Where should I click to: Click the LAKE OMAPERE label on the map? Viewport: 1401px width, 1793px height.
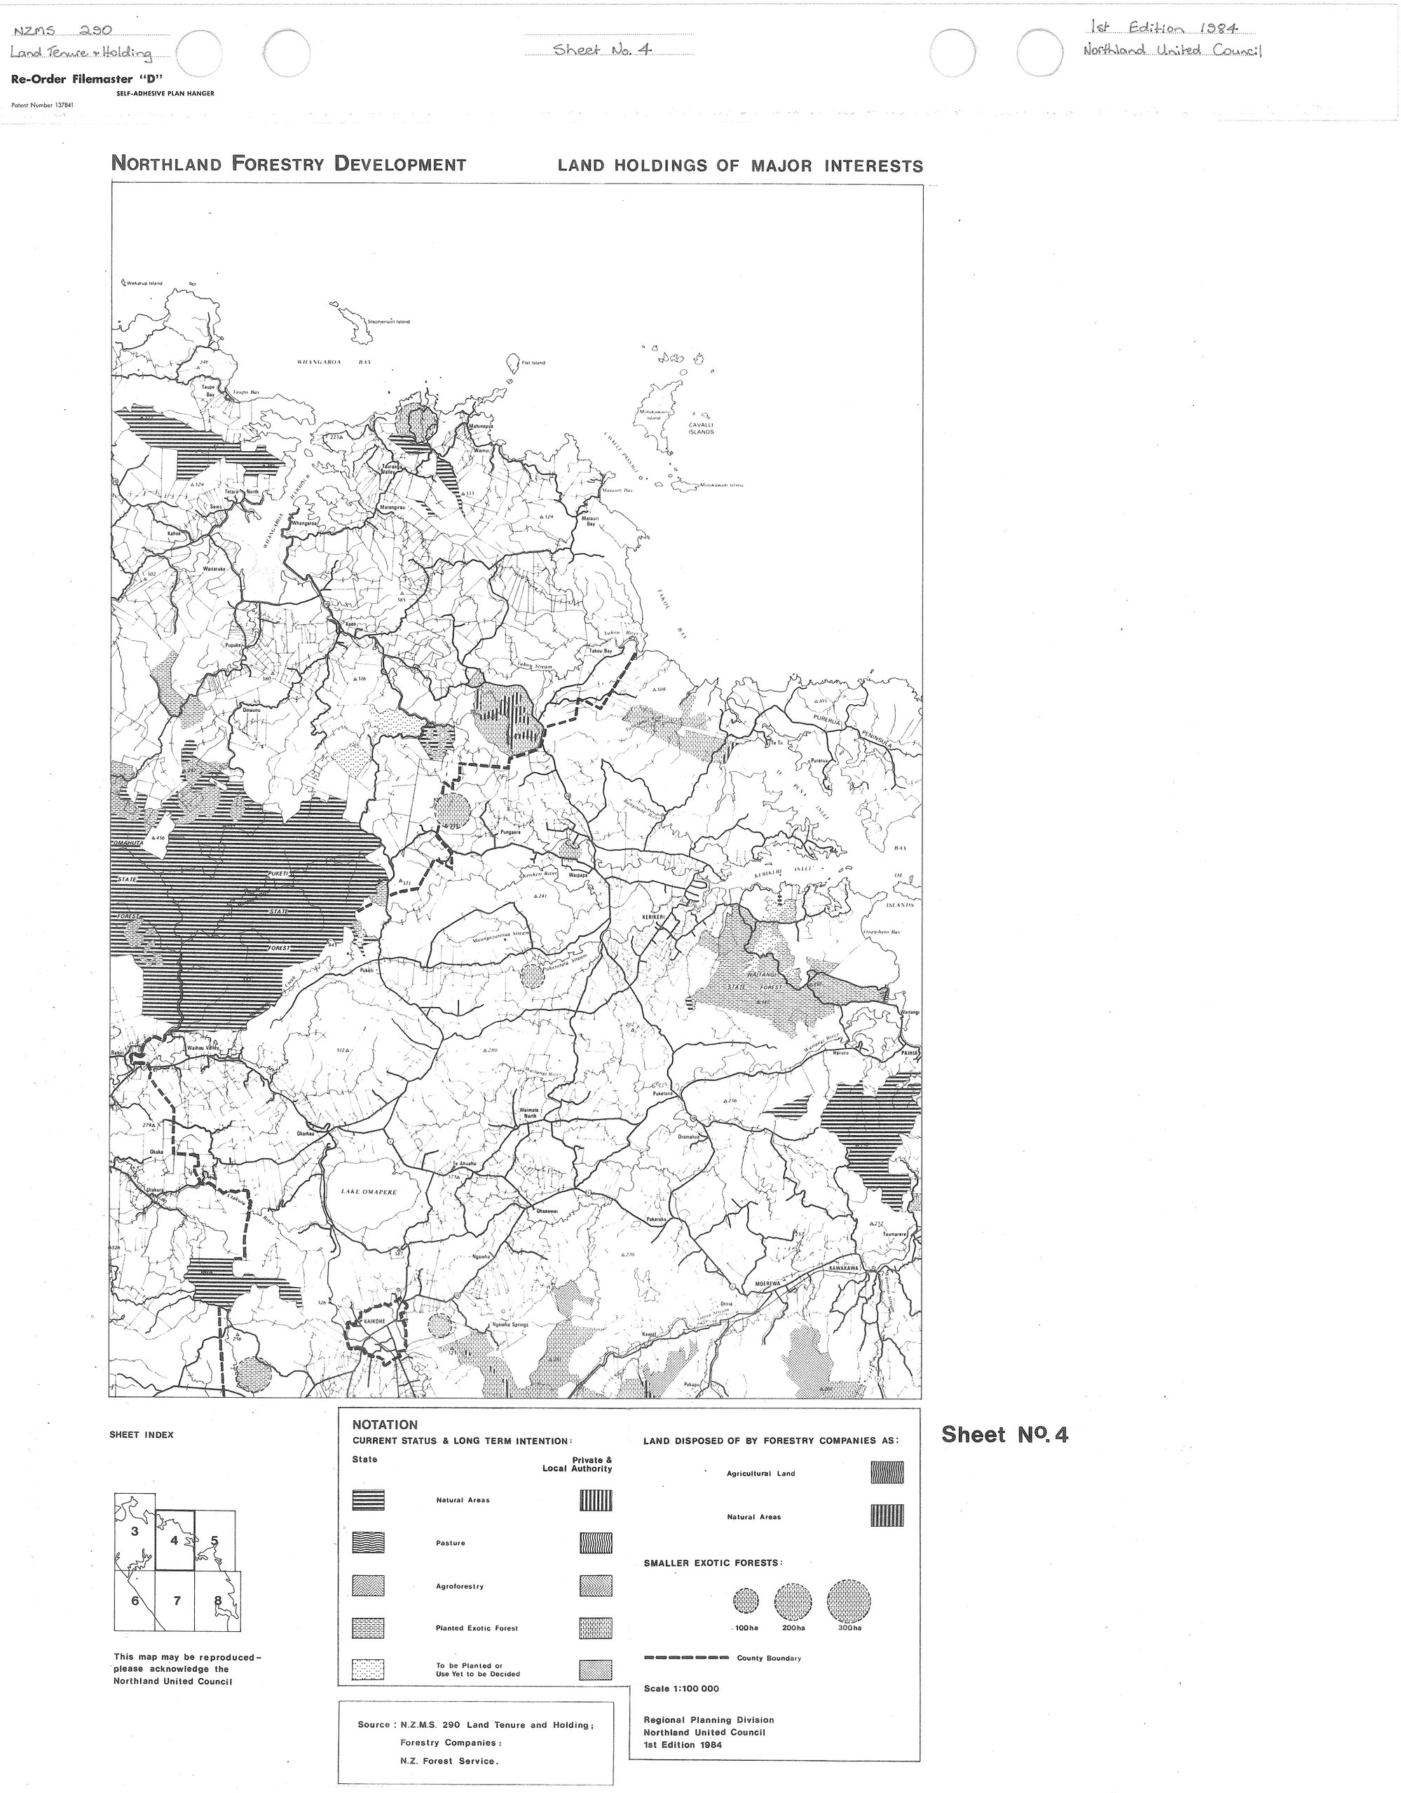pos(369,1192)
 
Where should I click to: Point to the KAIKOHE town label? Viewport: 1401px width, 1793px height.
pos(363,1323)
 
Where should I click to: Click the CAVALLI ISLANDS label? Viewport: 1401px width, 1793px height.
pos(701,429)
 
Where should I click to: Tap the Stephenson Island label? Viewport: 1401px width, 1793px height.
pos(388,322)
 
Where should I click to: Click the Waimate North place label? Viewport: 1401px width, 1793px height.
pos(529,1113)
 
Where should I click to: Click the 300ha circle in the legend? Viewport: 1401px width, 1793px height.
pos(848,1600)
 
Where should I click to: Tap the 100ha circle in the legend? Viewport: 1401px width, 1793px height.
pos(746,1600)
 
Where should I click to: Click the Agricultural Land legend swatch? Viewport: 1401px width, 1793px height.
pos(886,1473)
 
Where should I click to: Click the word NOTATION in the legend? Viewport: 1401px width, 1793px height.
pos(385,1425)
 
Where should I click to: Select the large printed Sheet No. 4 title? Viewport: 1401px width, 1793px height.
pos(1004,1434)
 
